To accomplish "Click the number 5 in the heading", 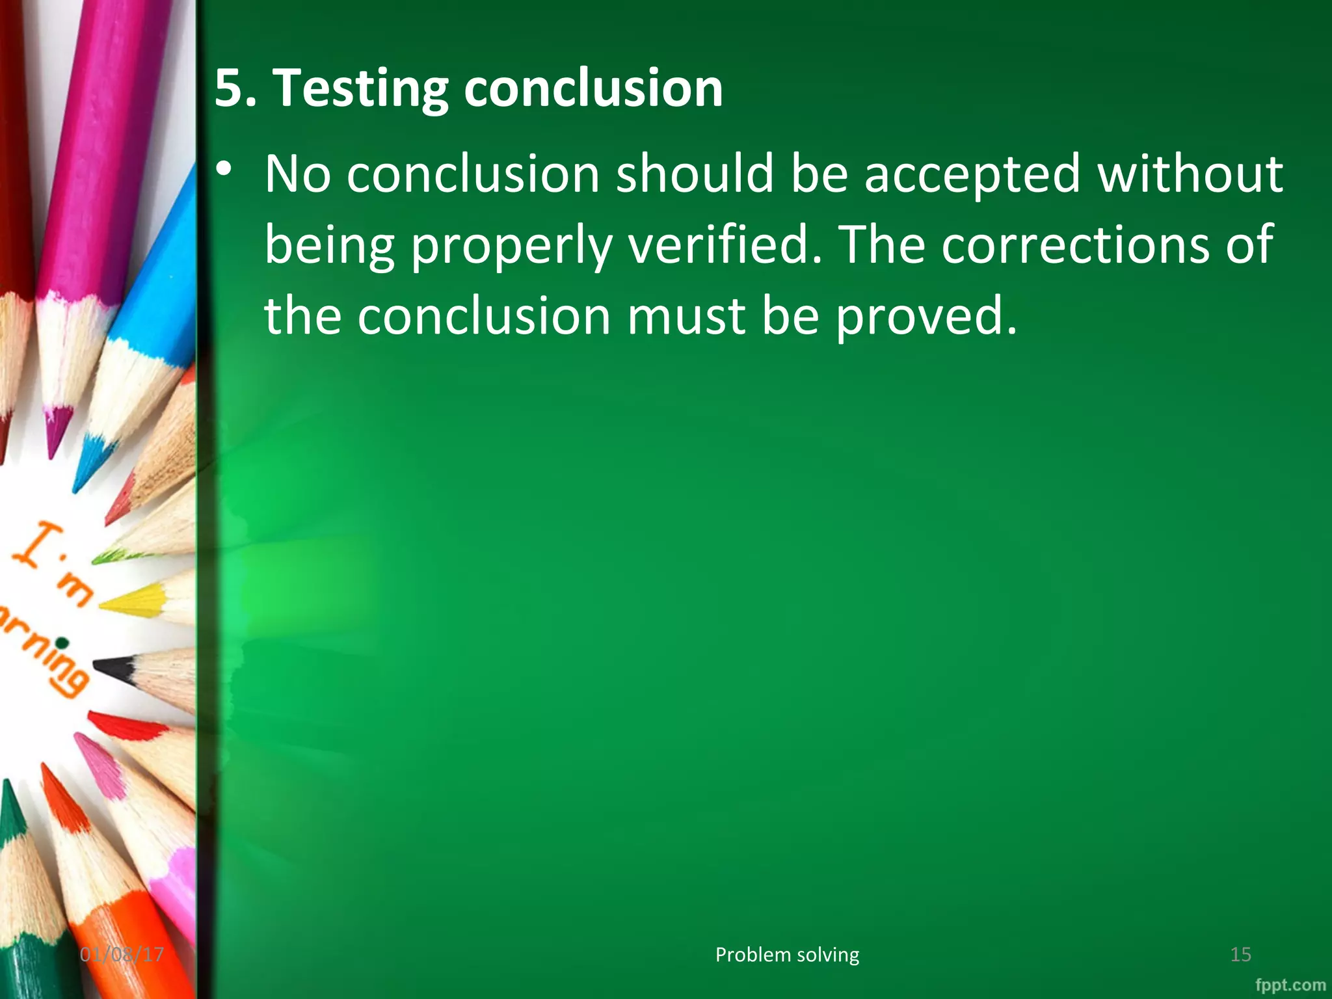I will [228, 88].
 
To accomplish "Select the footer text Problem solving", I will [787, 955].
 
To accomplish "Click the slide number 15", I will [1240, 955].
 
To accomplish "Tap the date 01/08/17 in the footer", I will [122, 955].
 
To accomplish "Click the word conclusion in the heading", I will [593, 88].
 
